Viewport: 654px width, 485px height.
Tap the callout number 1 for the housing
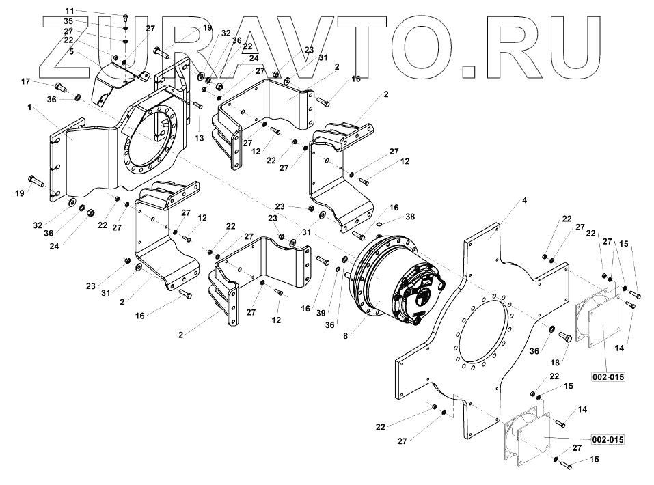29,108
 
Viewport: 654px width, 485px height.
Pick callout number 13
200,137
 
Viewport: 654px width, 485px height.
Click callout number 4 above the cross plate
524,200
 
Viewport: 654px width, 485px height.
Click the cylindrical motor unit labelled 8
396,280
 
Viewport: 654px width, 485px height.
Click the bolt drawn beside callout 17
59,87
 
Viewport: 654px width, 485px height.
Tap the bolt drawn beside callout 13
197,105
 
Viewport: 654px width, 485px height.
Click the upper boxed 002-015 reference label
608,376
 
